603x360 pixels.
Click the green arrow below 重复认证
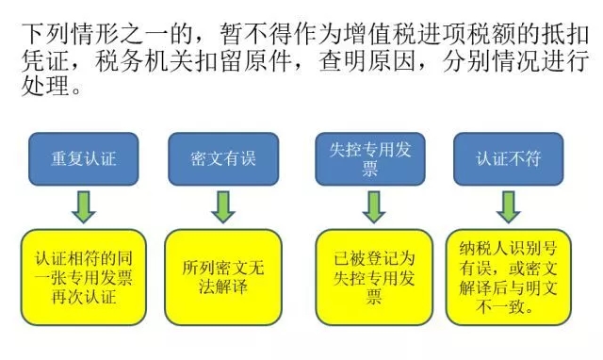coord(83,206)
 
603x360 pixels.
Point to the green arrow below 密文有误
coord(222,206)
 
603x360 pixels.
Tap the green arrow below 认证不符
coord(510,206)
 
